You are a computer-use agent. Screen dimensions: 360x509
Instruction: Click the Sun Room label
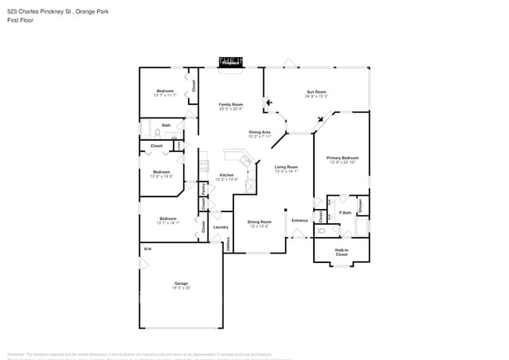tap(316, 92)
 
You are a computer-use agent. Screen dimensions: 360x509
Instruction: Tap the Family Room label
tap(230, 104)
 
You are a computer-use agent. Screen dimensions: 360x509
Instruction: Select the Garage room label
tap(181, 283)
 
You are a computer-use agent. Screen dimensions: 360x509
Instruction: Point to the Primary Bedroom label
tap(342, 158)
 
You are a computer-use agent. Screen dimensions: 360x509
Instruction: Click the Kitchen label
tap(226, 175)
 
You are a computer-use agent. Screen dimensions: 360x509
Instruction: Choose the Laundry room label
tap(220, 227)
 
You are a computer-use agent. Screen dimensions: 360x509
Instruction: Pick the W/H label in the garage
tap(146, 249)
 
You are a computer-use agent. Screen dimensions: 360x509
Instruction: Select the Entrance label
tap(300, 221)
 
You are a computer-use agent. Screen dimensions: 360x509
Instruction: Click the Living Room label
tap(287, 167)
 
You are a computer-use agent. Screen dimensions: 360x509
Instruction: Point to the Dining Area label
tap(260, 132)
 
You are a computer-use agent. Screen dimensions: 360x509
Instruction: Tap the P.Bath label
tap(345, 213)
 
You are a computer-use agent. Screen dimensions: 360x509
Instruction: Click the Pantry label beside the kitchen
tap(203, 188)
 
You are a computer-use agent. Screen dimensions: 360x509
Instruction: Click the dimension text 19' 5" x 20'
tap(181, 288)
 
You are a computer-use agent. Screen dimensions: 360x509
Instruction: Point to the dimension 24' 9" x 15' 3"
tap(316, 96)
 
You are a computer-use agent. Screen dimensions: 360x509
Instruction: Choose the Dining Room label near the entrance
tap(259, 221)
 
